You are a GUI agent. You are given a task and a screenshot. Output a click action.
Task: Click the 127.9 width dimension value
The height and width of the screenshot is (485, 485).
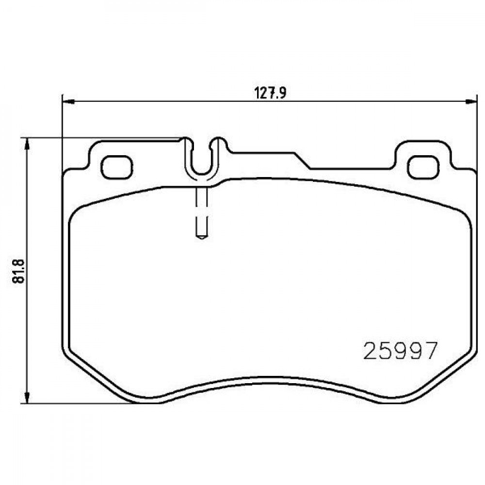coord(271,93)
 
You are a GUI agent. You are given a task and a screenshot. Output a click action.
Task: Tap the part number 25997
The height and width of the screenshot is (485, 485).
coord(401,351)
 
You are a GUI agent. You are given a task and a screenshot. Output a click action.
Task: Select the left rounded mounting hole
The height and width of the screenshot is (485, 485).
coord(117,167)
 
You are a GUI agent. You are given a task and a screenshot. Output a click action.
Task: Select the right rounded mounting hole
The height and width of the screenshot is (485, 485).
coord(423,167)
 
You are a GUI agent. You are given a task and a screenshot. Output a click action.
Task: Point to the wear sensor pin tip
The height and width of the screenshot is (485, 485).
coord(201,237)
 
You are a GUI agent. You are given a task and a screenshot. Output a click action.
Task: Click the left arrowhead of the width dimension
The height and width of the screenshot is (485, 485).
coord(69,101)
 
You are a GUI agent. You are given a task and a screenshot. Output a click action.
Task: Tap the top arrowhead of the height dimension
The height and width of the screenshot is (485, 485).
coord(28,145)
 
